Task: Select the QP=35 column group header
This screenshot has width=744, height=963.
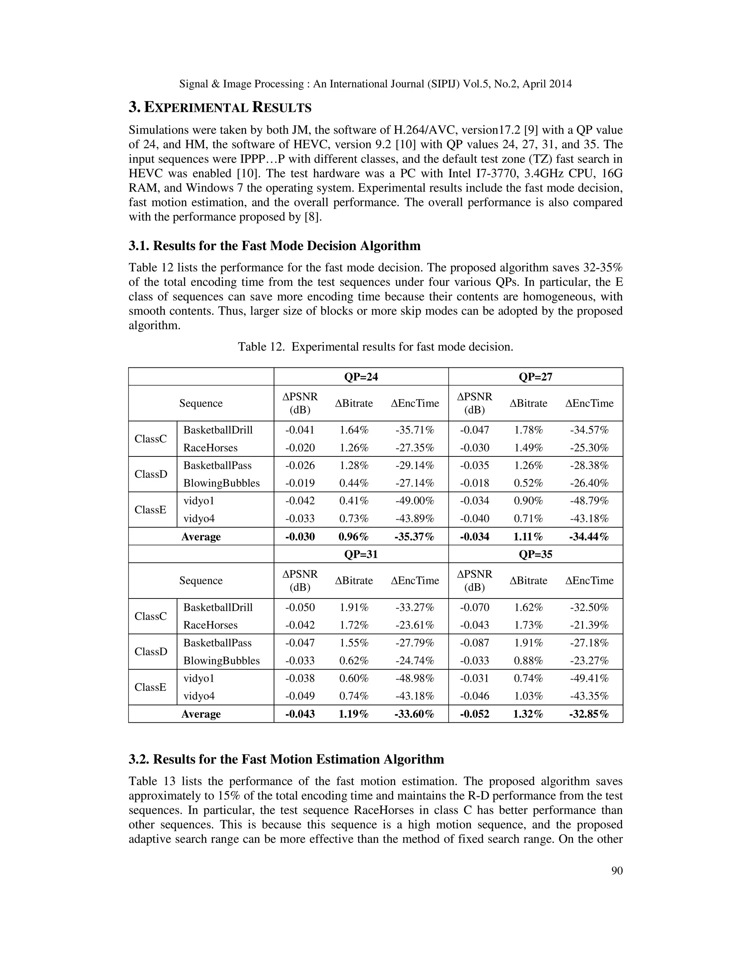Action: pyautogui.click(x=535, y=554)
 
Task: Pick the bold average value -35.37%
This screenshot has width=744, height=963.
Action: pyautogui.click(x=414, y=537)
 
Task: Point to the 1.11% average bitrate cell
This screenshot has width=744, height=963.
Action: pyautogui.click(x=528, y=537)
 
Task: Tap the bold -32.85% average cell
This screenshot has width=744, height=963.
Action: pyautogui.click(x=589, y=714)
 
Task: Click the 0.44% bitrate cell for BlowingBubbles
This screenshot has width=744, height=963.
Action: pyautogui.click(x=353, y=483)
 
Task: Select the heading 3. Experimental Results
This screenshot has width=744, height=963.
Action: pyautogui.click(x=220, y=107)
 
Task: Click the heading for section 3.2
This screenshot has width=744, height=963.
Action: pyautogui.click(x=286, y=759)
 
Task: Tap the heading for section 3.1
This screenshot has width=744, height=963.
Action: pyautogui.click(x=274, y=246)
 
